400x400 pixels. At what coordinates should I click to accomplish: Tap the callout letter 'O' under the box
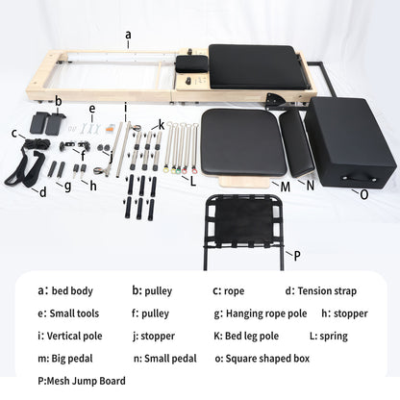click(363, 194)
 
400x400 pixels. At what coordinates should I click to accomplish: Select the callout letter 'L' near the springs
click(193, 179)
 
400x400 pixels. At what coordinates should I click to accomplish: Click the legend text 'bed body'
click(72, 290)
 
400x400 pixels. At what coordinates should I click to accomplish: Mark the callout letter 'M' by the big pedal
click(286, 185)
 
